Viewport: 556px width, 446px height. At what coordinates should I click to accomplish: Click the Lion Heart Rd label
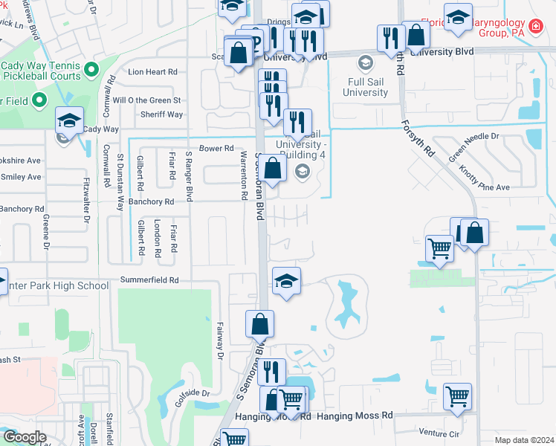click(x=153, y=72)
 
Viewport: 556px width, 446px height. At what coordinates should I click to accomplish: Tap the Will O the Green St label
click(x=146, y=100)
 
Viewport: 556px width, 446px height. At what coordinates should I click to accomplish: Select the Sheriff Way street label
click(x=161, y=114)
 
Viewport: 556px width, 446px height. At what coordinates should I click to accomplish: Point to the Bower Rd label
click(x=216, y=149)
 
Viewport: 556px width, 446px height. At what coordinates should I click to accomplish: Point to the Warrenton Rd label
click(x=243, y=175)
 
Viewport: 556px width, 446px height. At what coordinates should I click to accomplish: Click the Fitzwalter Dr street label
click(x=87, y=199)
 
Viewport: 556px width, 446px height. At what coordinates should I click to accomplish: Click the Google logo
click(x=24, y=437)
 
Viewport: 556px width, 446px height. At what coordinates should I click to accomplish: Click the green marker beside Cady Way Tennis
click(x=92, y=71)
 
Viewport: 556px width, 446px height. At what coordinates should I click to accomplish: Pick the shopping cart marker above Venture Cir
click(x=457, y=395)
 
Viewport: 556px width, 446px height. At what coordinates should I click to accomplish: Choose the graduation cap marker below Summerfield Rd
click(x=286, y=282)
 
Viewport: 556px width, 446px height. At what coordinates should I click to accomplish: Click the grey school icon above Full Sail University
click(x=365, y=62)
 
